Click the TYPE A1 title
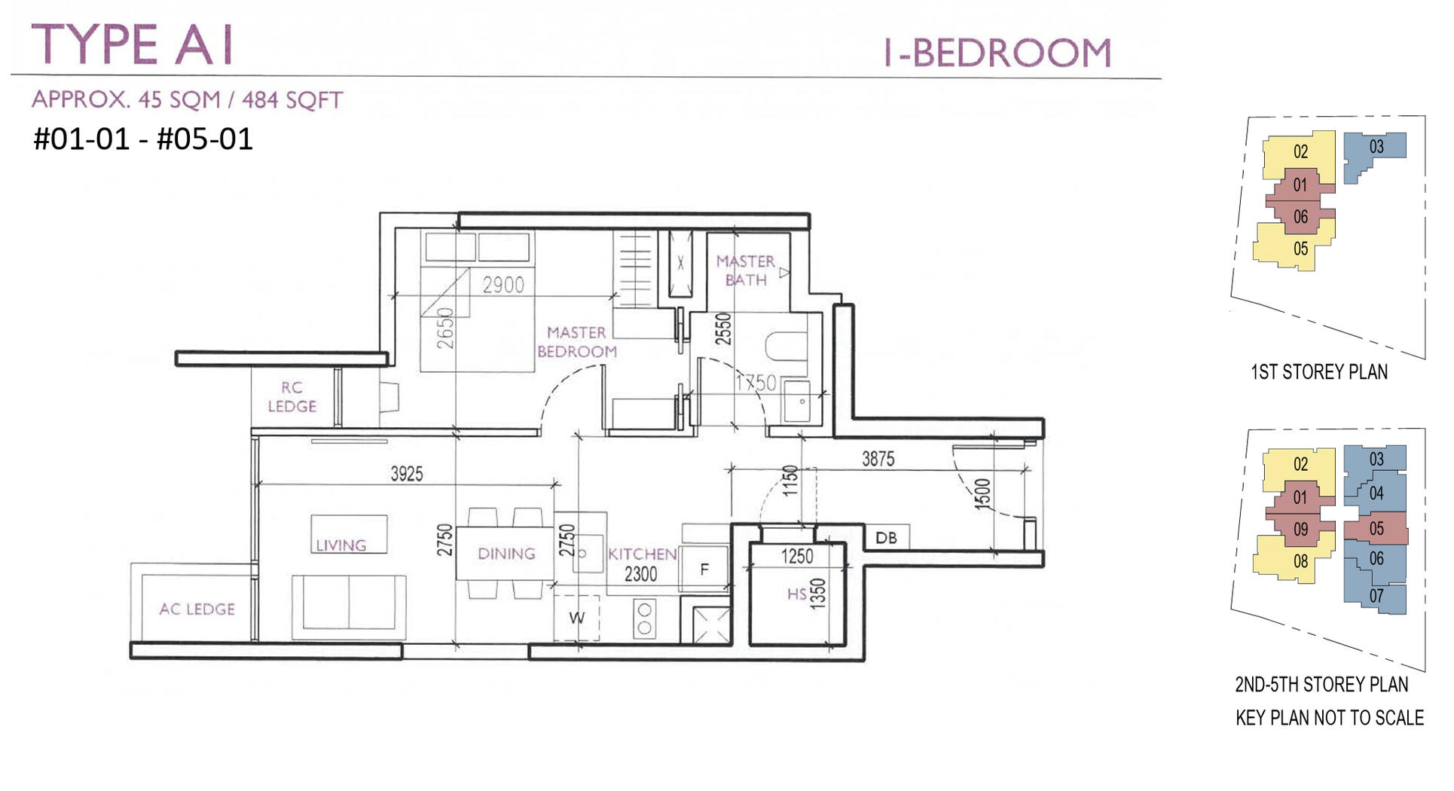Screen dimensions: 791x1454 pyautogui.click(x=133, y=44)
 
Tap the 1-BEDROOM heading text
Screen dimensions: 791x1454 pyautogui.click(x=997, y=53)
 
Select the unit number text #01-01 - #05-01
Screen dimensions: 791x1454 pyautogui.click(x=143, y=139)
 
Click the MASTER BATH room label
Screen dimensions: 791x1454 pyautogui.click(x=745, y=270)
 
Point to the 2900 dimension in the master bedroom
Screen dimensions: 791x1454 pyautogui.click(x=502, y=285)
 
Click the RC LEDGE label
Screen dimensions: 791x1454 pyautogui.click(x=292, y=397)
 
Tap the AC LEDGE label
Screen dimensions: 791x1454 pyautogui.click(x=197, y=609)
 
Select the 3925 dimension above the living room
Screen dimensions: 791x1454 pyautogui.click(x=406, y=474)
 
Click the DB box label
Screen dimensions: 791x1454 pyautogui.click(x=886, y=538)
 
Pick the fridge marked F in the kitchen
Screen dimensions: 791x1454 pyautogui.click(x=704, y=570)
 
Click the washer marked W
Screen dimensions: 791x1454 pyautogui.click(x=576, y=618)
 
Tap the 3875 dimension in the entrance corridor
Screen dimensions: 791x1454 pyautogui.click(x=878, y=459)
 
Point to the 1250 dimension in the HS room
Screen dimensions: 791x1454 pyautogui.click(x=796, y=557)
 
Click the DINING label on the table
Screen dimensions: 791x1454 pyautogui.click(x=506, y=554)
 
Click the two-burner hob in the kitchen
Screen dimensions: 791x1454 pyautogui.click(x=644, y=618)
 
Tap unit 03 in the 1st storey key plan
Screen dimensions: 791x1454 pyautogui.click(x=1376, y=147)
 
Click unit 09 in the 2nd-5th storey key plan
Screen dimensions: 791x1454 pyautogui.click(x=1300, y=530)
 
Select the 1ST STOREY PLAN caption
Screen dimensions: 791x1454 pyautogui.click(x=1318, y=372)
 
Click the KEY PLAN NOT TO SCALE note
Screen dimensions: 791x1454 pyautogui.click(x=1329, y=718)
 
